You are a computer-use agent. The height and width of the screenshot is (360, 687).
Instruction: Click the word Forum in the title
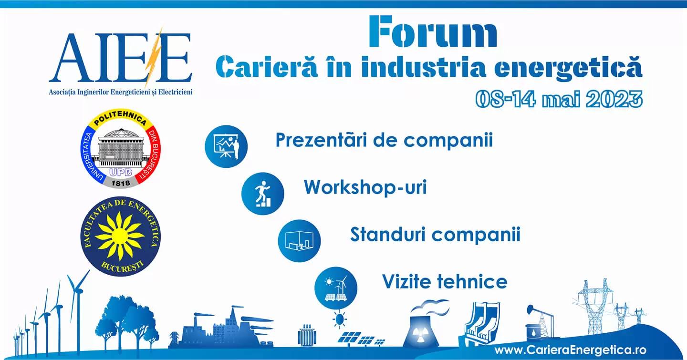(x=433, y=31)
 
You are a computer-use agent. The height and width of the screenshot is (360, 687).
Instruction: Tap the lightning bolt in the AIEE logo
(x=153, y=57)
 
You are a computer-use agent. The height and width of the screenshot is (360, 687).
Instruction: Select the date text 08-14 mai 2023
(x=559, y=99)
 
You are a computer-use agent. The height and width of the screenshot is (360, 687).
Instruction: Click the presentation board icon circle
(x=226, y=146)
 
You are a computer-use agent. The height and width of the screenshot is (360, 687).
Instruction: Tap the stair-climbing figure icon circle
(x=263, y=194)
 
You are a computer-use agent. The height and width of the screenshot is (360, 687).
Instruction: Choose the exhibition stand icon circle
(x=299, y=241)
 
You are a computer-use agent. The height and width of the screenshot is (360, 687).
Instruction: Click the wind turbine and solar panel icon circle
(x=336, y=288)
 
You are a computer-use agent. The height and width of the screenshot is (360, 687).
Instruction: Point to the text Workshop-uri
(x=365, y=187)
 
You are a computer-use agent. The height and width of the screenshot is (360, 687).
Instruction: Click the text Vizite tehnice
(x=445, y=281)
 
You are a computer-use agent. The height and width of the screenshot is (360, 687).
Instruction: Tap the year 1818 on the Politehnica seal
(x=121, y=184)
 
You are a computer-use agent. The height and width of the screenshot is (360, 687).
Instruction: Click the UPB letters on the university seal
(x=121, y=173)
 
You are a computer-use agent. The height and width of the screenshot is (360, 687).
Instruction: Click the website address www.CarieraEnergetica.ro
(x=571, y=350)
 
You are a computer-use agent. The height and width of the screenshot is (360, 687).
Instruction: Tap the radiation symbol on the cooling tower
(x=420, y=334)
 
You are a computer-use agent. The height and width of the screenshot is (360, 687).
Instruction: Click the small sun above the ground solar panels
(x=340, y=319)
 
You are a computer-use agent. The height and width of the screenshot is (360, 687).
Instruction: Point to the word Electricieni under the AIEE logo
(x=175, y=93)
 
